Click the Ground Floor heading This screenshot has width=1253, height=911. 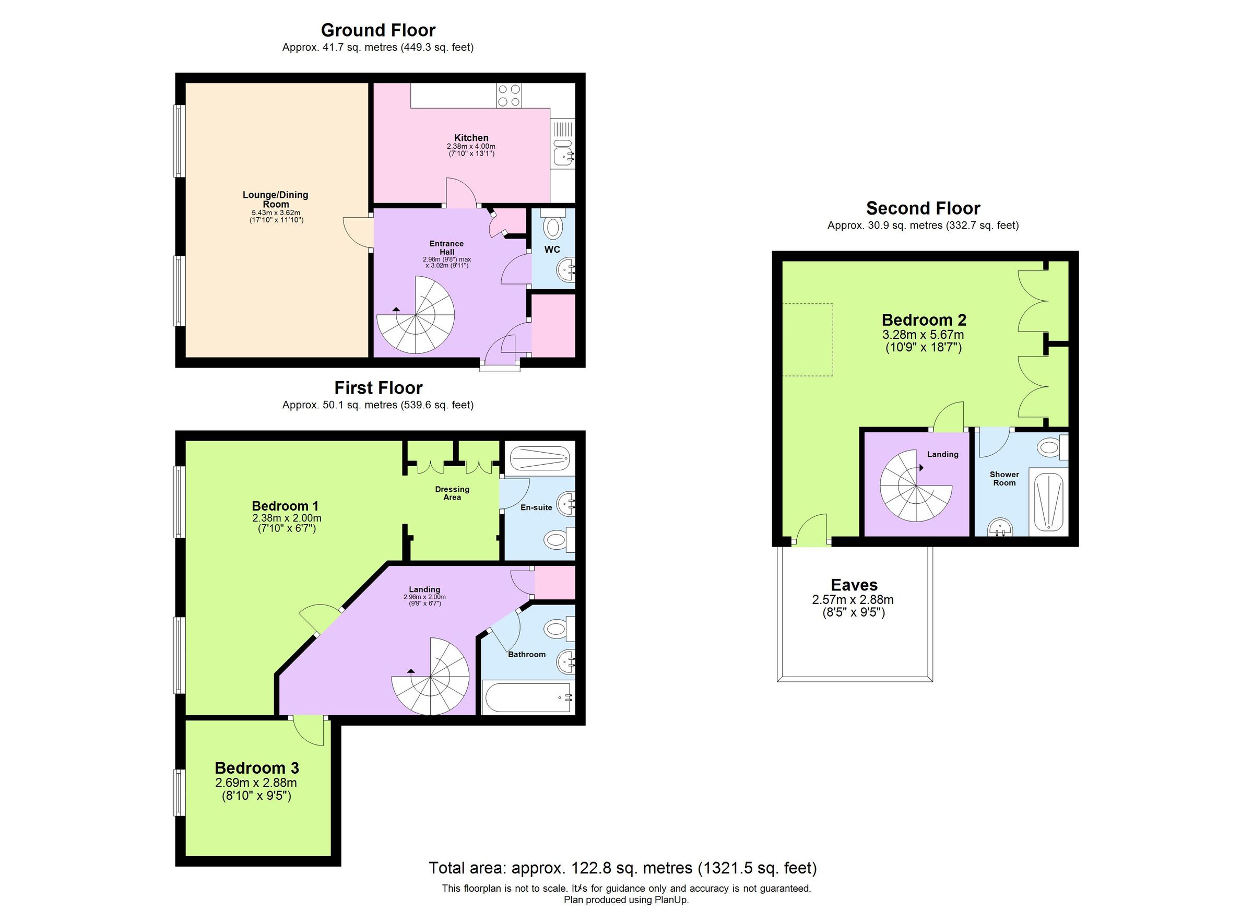click(378, 30)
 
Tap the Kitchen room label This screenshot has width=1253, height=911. click(471, 137)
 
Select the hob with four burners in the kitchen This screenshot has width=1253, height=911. click(509, 95)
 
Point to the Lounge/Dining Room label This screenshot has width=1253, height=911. click(275, 199)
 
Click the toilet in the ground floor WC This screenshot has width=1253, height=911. click(552, 226)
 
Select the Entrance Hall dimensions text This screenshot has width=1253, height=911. click(446, 262)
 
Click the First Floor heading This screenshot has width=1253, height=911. click(378, 388)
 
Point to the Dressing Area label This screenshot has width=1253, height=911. click(452, 493)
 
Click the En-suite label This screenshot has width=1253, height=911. click(536, 507)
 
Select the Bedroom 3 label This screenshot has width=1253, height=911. click(256, 768)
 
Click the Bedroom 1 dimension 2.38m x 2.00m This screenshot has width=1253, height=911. click(286, 518)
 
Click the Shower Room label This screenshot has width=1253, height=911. click(1004, 478)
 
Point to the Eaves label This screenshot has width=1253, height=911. click(854, 585)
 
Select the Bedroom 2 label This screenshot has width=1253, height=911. click(924, 320)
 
